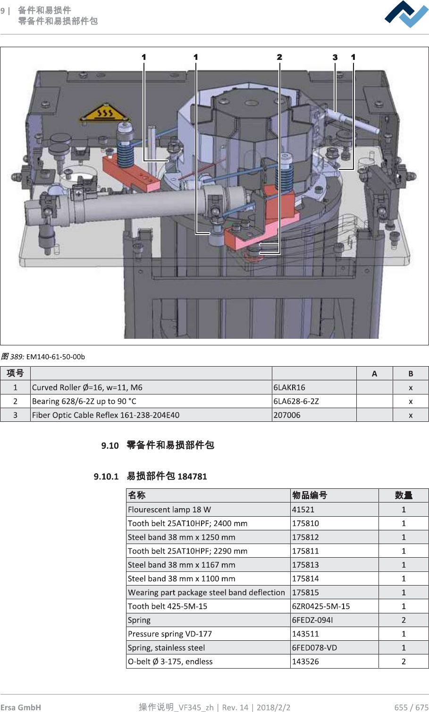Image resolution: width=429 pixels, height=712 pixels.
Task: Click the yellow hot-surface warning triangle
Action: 105,113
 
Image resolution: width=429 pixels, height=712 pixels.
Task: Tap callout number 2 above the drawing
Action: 279,57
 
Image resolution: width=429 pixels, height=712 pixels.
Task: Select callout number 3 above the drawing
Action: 335,57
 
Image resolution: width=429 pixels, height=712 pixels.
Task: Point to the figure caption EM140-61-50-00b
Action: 55,357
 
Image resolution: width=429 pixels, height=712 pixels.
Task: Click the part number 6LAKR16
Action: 289,387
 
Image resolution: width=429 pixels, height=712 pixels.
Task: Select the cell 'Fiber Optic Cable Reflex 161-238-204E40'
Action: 106,415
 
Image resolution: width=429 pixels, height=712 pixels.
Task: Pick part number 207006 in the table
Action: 287,415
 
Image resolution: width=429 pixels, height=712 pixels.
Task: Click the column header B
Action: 411,374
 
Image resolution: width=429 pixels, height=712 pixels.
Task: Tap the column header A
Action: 374,374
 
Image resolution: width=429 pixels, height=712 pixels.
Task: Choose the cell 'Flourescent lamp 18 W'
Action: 169,510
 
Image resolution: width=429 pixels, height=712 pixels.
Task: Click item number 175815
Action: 305,592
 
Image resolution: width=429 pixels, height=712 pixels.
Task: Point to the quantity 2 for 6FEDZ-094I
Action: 404,620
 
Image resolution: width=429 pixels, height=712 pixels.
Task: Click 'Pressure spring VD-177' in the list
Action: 170,634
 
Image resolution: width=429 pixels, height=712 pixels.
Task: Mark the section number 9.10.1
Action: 106,477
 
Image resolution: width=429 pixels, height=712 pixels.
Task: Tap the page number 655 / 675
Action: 411,707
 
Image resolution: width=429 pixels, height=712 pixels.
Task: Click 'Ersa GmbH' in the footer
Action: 21,707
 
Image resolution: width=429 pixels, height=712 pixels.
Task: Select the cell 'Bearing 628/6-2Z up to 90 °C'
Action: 84,401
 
